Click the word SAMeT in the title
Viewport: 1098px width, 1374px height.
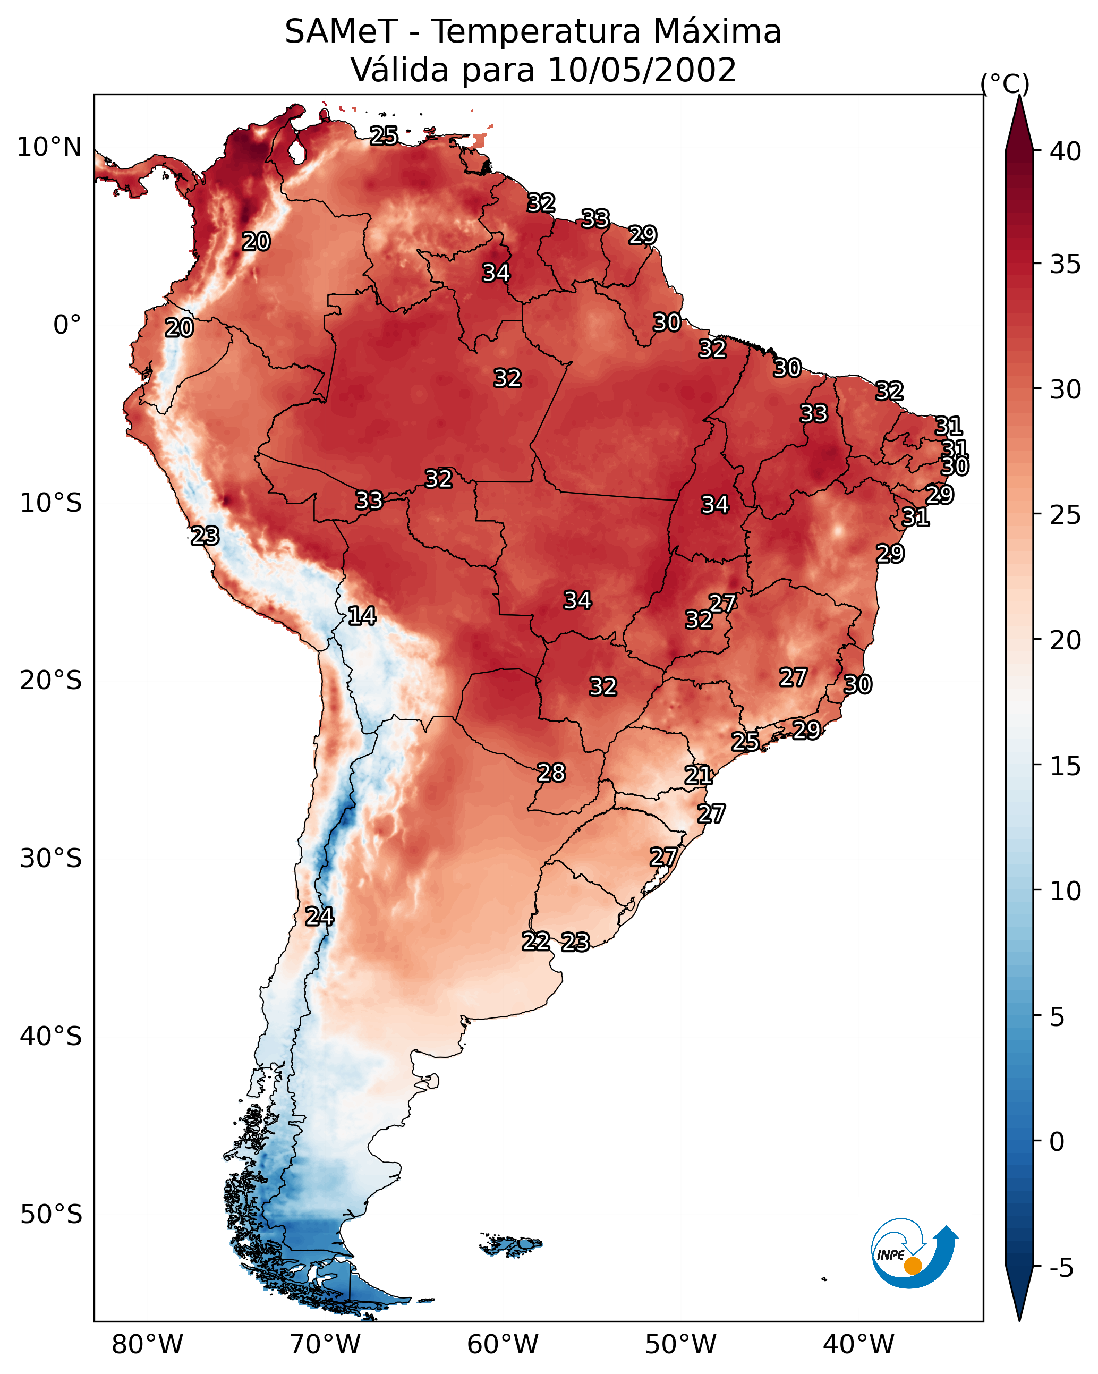click(x=341, y=32)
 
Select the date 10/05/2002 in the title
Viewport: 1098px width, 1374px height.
click(x=641, y=70)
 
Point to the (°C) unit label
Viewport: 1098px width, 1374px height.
click(x=1005, y=83)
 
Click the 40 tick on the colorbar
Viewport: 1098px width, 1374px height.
click(x=1066, y=151)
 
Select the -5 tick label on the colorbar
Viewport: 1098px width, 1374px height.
click(x=1061, y=1268)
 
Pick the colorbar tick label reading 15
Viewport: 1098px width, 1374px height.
click(x=1066, y=766)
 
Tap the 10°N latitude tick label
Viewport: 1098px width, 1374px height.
click(x=49, y=147)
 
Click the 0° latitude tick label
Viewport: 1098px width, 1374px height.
click(x=67, y=325)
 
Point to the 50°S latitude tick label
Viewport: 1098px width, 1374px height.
click(x=51, y=1215)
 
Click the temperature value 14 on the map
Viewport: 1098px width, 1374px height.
click(x=362, y=616)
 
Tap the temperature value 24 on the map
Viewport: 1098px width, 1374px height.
click(x=319, y=917)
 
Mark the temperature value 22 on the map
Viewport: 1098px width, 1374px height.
click(x=536, y=942)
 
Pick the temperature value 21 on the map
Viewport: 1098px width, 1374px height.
click(x=699, y=776)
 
